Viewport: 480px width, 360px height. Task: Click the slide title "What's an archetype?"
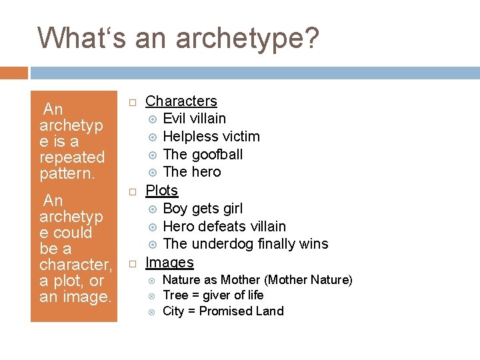[178, 38]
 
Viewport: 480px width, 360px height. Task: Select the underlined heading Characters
[181, 101]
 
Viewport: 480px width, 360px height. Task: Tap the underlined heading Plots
[161, 191]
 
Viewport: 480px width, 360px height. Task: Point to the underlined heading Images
[169, 263]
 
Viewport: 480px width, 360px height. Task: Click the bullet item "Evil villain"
[194, 119]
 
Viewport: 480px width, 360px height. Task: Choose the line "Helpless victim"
[211, 137]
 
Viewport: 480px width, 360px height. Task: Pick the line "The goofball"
[202, 155]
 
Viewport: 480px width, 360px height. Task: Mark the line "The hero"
[191, 172]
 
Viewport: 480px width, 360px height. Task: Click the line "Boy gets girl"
[203, 209]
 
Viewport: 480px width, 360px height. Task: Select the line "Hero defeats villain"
[224, 227]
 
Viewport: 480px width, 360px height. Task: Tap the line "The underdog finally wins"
[245, 244]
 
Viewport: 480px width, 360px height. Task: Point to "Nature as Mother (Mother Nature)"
[257, 280]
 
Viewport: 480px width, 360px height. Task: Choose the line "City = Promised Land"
[223, 311]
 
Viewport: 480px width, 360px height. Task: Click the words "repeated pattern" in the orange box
[72, 165]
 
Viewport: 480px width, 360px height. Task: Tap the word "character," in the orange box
[75, 265]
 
